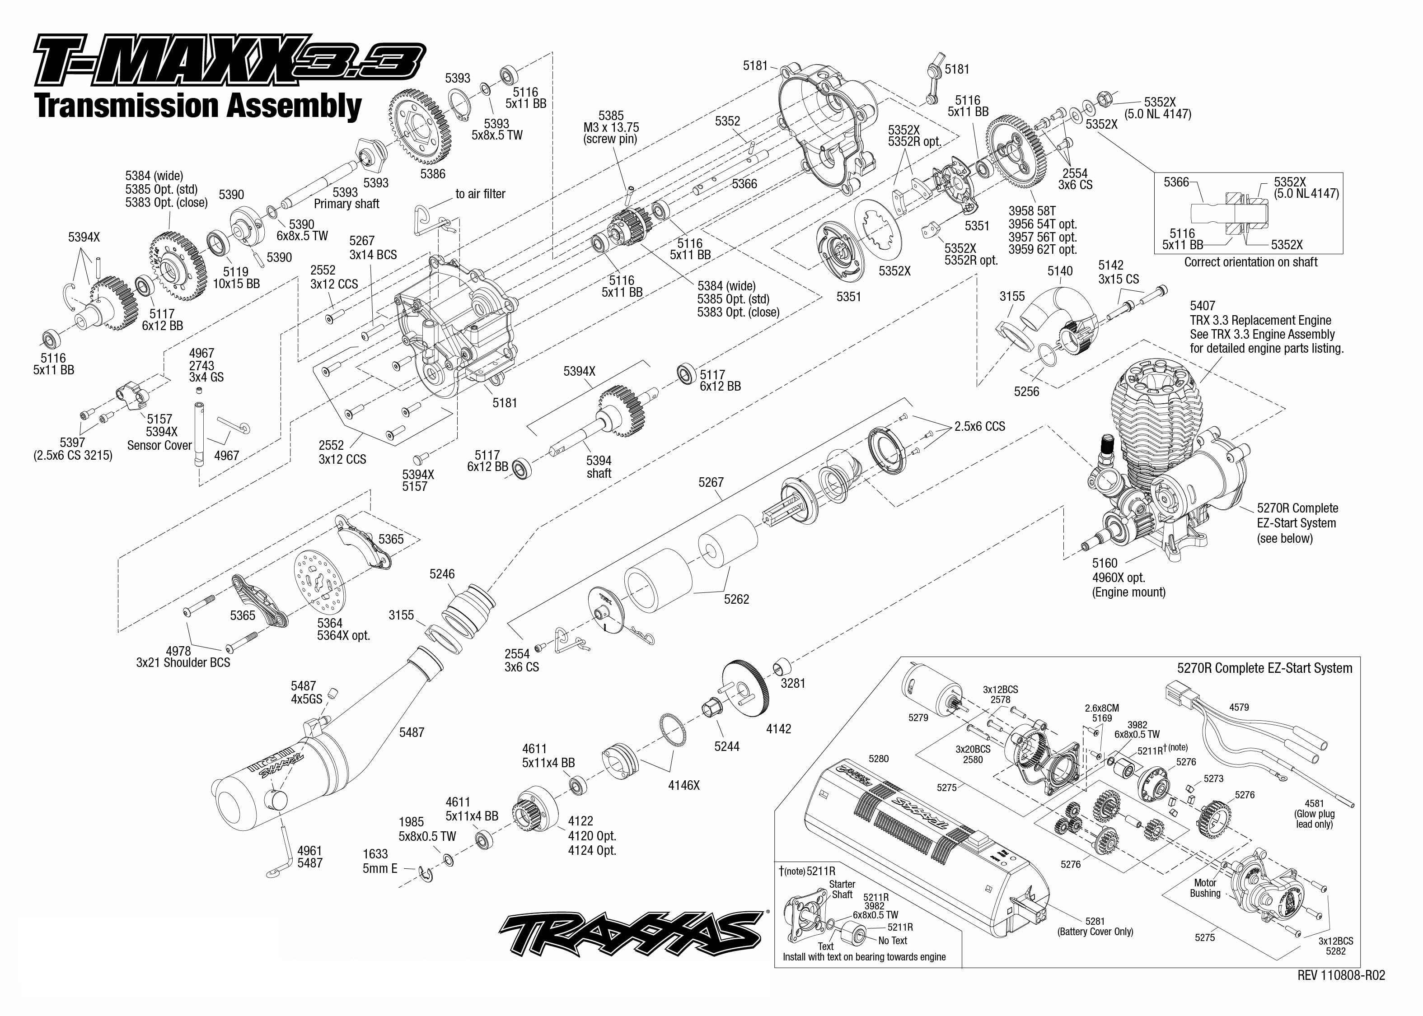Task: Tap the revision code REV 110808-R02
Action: [x=1340, y=975]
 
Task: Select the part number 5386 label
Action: [x=432, y=174]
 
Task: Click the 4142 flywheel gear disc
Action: [x=744, y=689]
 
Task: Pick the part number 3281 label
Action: [x=792, y=683]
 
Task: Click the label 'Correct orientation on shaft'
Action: [x=1250, y=262]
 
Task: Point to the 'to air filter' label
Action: [x=480, y=194]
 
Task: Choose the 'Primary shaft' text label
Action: [x=346, y=204]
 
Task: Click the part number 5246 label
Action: [x=442, y=573]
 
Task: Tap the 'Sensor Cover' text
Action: [x=159, y=445]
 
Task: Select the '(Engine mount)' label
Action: [x=1128, y=592]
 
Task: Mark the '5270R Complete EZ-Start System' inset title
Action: [x=1264, y=668]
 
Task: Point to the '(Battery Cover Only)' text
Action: [x=1095, y=932]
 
